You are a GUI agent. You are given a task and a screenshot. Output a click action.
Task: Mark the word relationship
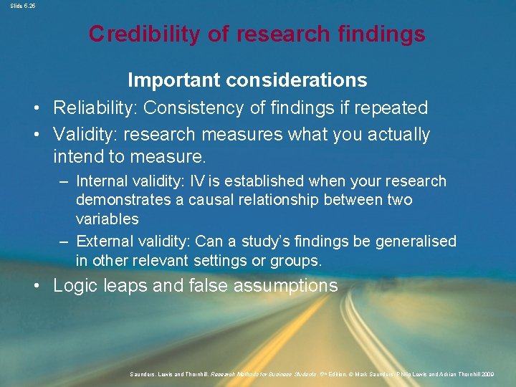point(280,200)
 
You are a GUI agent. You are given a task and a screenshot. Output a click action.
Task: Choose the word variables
point(107,219)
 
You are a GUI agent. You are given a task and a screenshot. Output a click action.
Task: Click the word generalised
point(415,242)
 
